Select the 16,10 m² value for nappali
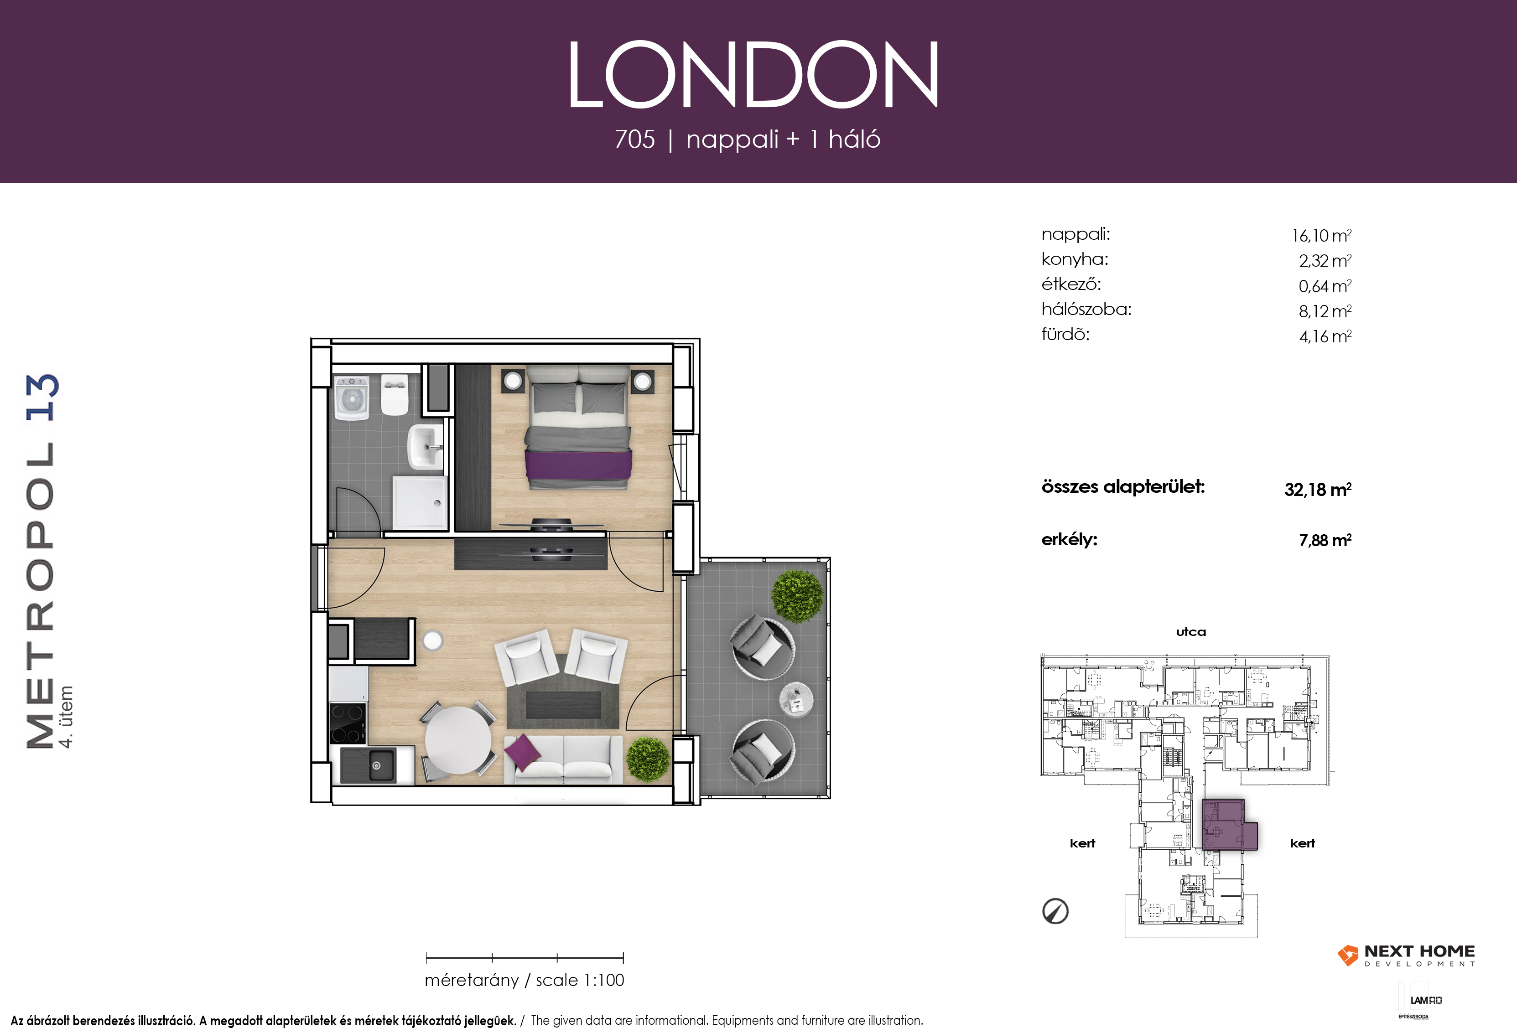tap(1321, 235)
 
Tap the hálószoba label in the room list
tap(1086, 310)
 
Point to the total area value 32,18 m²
tap(1317, 489)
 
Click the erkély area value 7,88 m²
tap(1325, 540)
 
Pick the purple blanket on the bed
tap(578, 466)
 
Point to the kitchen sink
tap(368, 765)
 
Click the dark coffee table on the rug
tap(563, 705)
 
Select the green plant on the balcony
tap(798, 595)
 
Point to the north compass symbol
tap(1055, 911)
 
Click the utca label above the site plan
tap(1190, 632)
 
